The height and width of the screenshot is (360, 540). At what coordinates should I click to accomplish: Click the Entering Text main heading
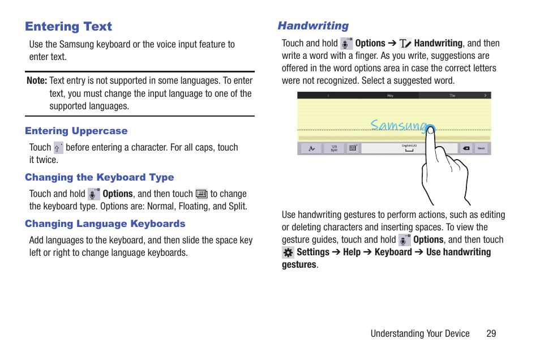point(68,27)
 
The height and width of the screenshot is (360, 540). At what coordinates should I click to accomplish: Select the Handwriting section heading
point(313,26)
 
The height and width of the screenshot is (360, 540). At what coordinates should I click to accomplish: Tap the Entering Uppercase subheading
point(76,131)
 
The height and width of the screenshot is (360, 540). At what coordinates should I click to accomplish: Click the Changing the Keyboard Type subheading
point(99,177)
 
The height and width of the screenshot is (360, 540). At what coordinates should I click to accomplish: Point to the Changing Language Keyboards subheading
point(105,224)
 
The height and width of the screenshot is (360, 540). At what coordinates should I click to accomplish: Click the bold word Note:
point(37,81)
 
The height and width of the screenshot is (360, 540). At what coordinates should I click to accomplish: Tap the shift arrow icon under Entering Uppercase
point(58,148)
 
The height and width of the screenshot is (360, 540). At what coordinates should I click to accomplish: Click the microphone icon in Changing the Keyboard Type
point(94,194)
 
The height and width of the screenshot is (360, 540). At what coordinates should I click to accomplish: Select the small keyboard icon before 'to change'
point(202,194)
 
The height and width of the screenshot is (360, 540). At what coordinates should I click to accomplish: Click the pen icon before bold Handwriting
point(405,44)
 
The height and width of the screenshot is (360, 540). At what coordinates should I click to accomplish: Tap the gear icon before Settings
point(288,252)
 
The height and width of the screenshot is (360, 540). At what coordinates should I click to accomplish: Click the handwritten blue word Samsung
point(398,126)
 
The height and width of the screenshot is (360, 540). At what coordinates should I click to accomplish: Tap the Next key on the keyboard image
point(481,148)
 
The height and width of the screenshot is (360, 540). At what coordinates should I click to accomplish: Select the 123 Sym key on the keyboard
point(334,148)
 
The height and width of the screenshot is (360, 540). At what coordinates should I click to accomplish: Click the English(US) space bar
point(409,148)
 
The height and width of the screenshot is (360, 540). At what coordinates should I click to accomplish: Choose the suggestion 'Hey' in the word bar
point(390,96)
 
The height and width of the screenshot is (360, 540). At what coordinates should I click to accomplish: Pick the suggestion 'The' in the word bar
point(452,96)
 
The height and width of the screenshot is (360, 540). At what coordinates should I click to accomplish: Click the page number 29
point(491,333)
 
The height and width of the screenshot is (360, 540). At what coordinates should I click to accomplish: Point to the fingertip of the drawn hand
point(431,131)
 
